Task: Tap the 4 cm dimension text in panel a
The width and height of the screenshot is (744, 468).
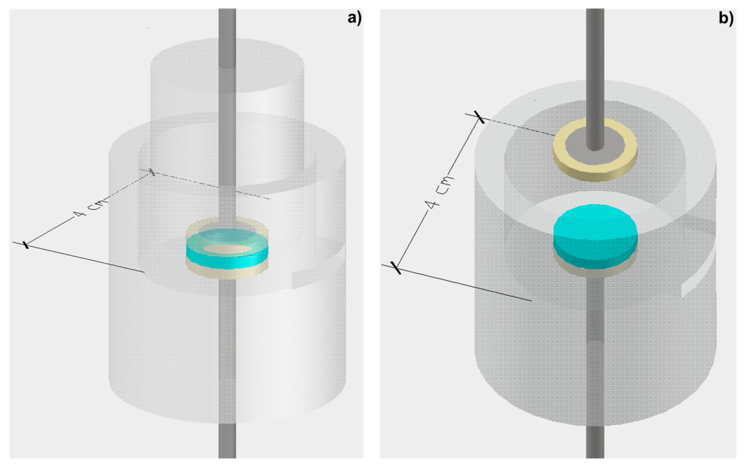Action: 89,207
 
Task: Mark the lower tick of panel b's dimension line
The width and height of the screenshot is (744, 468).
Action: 396,267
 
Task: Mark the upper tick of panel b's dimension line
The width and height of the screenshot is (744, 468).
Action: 480,117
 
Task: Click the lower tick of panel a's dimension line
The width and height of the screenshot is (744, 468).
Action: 26,245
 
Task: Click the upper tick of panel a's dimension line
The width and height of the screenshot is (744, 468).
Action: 152,172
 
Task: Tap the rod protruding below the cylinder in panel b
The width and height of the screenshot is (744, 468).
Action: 595,442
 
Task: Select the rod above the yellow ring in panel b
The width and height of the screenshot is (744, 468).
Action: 595,66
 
